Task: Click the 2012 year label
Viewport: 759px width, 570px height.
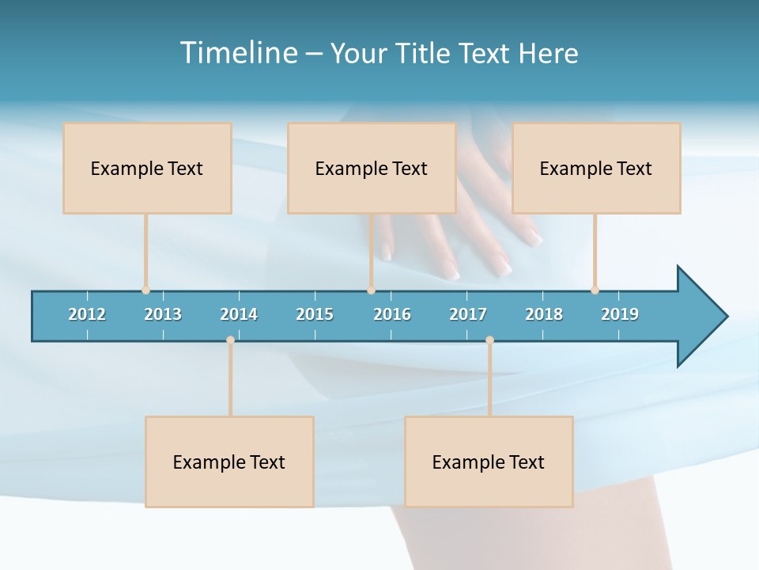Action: pos(87,314)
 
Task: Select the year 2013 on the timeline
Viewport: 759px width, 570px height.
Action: pos(163,314)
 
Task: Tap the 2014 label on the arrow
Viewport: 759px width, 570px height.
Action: pos(239,314)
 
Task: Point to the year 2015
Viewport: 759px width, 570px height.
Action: pos(315,314)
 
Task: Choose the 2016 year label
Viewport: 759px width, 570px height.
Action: pos(392,314)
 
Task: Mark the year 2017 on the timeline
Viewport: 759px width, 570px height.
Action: pos(468,314)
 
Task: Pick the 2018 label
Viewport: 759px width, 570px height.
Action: pos(544,314)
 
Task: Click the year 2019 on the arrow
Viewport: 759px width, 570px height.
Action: pos(620,314)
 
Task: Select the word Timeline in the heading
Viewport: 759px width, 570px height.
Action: pos(238,53)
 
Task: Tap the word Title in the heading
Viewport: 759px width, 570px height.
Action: pos(429,53)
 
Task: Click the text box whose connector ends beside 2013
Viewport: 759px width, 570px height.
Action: pos(147,168)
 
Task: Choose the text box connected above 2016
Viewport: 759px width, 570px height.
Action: pos(372,168)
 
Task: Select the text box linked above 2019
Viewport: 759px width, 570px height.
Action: pos(596,168)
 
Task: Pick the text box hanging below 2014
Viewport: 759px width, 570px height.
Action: pos(229,462)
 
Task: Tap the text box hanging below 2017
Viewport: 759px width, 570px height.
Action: pos(489,462)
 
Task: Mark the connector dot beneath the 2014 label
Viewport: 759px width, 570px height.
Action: pos(230,340)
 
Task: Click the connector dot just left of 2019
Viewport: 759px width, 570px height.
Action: pos(595,290)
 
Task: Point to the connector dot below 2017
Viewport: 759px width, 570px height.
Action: pos(489,340)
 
